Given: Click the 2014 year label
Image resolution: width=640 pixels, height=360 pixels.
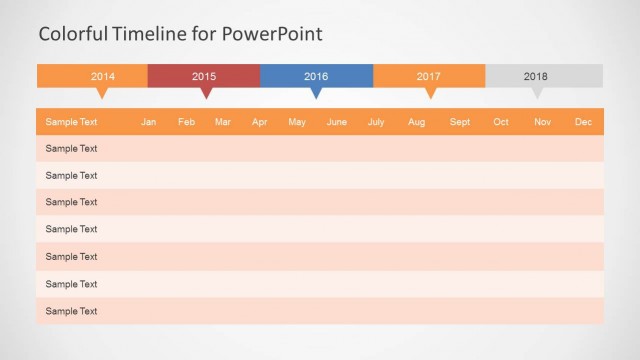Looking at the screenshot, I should tap(103, 76).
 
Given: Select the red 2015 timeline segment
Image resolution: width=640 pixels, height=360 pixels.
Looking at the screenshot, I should tap(204, 76).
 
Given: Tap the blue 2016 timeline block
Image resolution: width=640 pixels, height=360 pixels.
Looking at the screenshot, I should tap(316, 76).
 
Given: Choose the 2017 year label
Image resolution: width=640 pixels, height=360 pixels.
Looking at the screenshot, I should tap(429, 76).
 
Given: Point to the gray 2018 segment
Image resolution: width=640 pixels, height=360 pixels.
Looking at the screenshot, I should tap(536, 76).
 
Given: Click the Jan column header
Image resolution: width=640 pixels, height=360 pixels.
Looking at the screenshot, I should tap(148, 122).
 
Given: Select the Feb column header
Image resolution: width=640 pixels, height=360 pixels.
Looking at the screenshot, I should tap(186, 122).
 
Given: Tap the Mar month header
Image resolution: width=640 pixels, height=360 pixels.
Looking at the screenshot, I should tap(223, 122).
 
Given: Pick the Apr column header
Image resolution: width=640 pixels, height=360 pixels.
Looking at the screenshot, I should tap(260, 122).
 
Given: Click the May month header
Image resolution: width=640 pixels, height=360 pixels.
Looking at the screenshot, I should tap(297, 122).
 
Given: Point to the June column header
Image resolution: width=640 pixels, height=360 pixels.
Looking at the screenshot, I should tap(337, 122).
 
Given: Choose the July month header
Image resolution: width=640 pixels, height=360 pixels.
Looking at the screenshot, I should tap(376, 122).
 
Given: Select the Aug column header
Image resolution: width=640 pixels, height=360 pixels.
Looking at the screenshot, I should tap(416, 122).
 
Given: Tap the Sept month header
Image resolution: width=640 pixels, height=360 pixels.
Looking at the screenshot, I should tap(460, 122).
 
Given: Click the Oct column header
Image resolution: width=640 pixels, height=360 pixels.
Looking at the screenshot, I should tap(501, 122).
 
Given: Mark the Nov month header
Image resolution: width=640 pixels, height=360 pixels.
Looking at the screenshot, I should tap(542, 122).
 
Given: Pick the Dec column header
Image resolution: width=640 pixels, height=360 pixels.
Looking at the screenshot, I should tap(583, 122).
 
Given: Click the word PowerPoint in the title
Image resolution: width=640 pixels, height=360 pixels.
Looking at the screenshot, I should tap(272, 34).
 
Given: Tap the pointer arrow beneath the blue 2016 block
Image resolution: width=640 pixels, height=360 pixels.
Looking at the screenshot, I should tap(316, 93).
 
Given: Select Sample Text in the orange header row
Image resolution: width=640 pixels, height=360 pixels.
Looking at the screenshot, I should tap(71, 122).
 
